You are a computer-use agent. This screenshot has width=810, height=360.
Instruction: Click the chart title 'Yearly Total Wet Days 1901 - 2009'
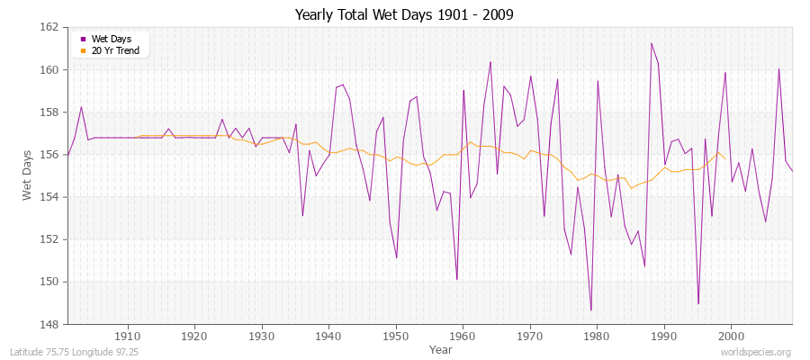(x=404, y=15)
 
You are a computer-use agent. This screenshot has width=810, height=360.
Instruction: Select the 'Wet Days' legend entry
(x=112, y=40)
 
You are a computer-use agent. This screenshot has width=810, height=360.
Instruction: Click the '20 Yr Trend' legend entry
(x=116, y=51)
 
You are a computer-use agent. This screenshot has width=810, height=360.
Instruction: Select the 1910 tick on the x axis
(x=128, y=337)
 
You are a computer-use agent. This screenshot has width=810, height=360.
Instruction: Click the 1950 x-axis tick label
(x=396, y=337)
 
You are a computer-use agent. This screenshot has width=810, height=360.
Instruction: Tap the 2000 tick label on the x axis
(x=731, y=337)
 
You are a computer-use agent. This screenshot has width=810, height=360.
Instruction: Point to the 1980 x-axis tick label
(x=597, y=337)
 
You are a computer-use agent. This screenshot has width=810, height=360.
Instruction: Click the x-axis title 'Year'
(x=441, y=349)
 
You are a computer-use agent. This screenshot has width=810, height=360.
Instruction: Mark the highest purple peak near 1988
(x=652, y=43)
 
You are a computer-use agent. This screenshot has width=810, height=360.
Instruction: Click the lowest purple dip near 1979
(x=591, y=310)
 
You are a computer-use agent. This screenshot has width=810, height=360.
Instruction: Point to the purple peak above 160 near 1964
(x=490, y=61)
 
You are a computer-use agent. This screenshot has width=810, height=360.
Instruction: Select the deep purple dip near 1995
(x=698, y=303)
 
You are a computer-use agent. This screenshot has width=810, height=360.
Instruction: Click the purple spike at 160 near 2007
(x=779, y=69)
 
